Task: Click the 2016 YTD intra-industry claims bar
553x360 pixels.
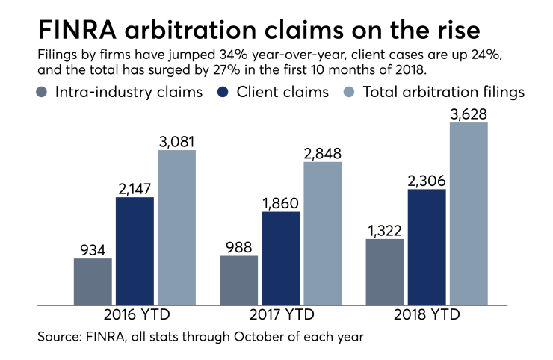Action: coord(93,282)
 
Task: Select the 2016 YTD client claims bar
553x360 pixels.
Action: coord(135,251)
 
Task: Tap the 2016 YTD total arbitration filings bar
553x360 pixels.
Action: coord(176,227)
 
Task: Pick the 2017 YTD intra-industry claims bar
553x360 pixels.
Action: coord(239,280)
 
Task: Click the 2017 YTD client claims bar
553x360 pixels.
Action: coord(281,258)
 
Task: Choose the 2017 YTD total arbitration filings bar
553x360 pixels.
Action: coord(322,233)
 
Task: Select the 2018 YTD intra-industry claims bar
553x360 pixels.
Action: coord(385,272)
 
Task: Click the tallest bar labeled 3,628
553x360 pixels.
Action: coord(469,214)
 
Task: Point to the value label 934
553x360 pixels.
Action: coord(93,248)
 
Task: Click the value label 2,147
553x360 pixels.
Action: coord(135,187)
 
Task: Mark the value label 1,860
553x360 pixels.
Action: coord(281,202)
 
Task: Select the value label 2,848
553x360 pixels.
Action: coord(322,152)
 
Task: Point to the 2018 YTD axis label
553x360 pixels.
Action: coord(427,315)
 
